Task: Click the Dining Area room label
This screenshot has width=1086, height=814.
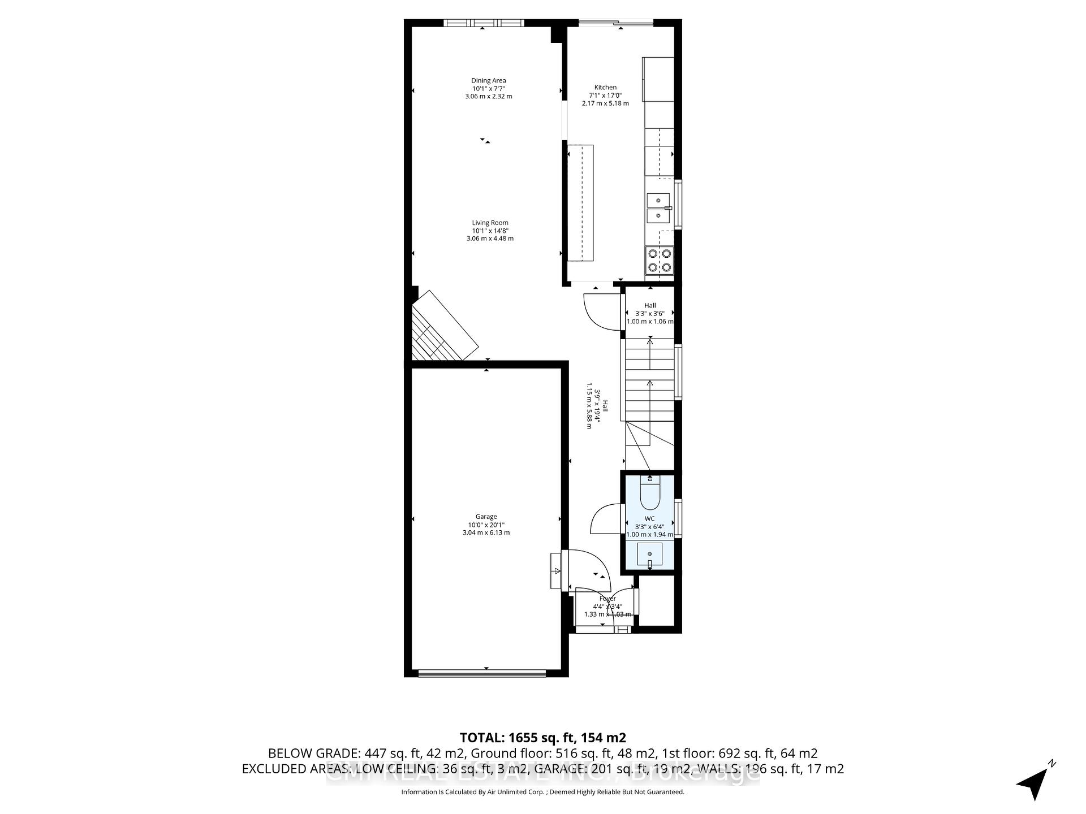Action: (489, 81)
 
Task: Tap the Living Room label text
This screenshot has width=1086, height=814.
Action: (490, 223)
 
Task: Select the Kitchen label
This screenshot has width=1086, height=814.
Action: (605, 88)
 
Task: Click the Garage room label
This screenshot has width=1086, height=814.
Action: (486, 517)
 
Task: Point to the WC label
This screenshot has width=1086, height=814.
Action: (649, 519)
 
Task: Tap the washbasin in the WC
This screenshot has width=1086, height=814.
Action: (649, 555)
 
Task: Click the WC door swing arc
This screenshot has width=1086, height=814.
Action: (604, 518)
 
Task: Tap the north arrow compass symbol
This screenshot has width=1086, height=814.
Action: (1035, 783)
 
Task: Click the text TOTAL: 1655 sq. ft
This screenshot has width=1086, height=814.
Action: (542, 738)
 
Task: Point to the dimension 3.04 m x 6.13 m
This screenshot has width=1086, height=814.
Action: (486, 532)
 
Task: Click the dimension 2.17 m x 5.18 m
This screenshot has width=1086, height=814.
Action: (605, 103)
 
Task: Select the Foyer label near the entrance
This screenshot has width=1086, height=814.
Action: (607, 599)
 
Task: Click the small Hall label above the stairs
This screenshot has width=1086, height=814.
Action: (649, 305)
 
